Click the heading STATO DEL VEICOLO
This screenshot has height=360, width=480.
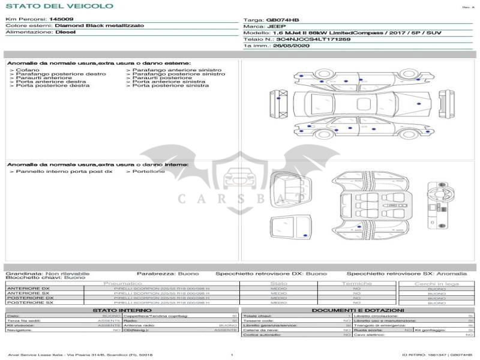[59, 6]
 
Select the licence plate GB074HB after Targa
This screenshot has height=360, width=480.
[279, 20]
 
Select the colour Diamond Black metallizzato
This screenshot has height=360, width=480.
[99, 26]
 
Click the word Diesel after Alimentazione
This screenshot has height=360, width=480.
[65, 32]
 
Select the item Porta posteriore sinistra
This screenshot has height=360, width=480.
[170, 86]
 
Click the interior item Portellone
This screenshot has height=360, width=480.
[145, 172]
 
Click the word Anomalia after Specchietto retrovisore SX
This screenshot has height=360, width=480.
[452, 273]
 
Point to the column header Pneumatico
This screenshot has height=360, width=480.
[123, 283]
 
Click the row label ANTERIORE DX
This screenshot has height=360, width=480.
[28, 289]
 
